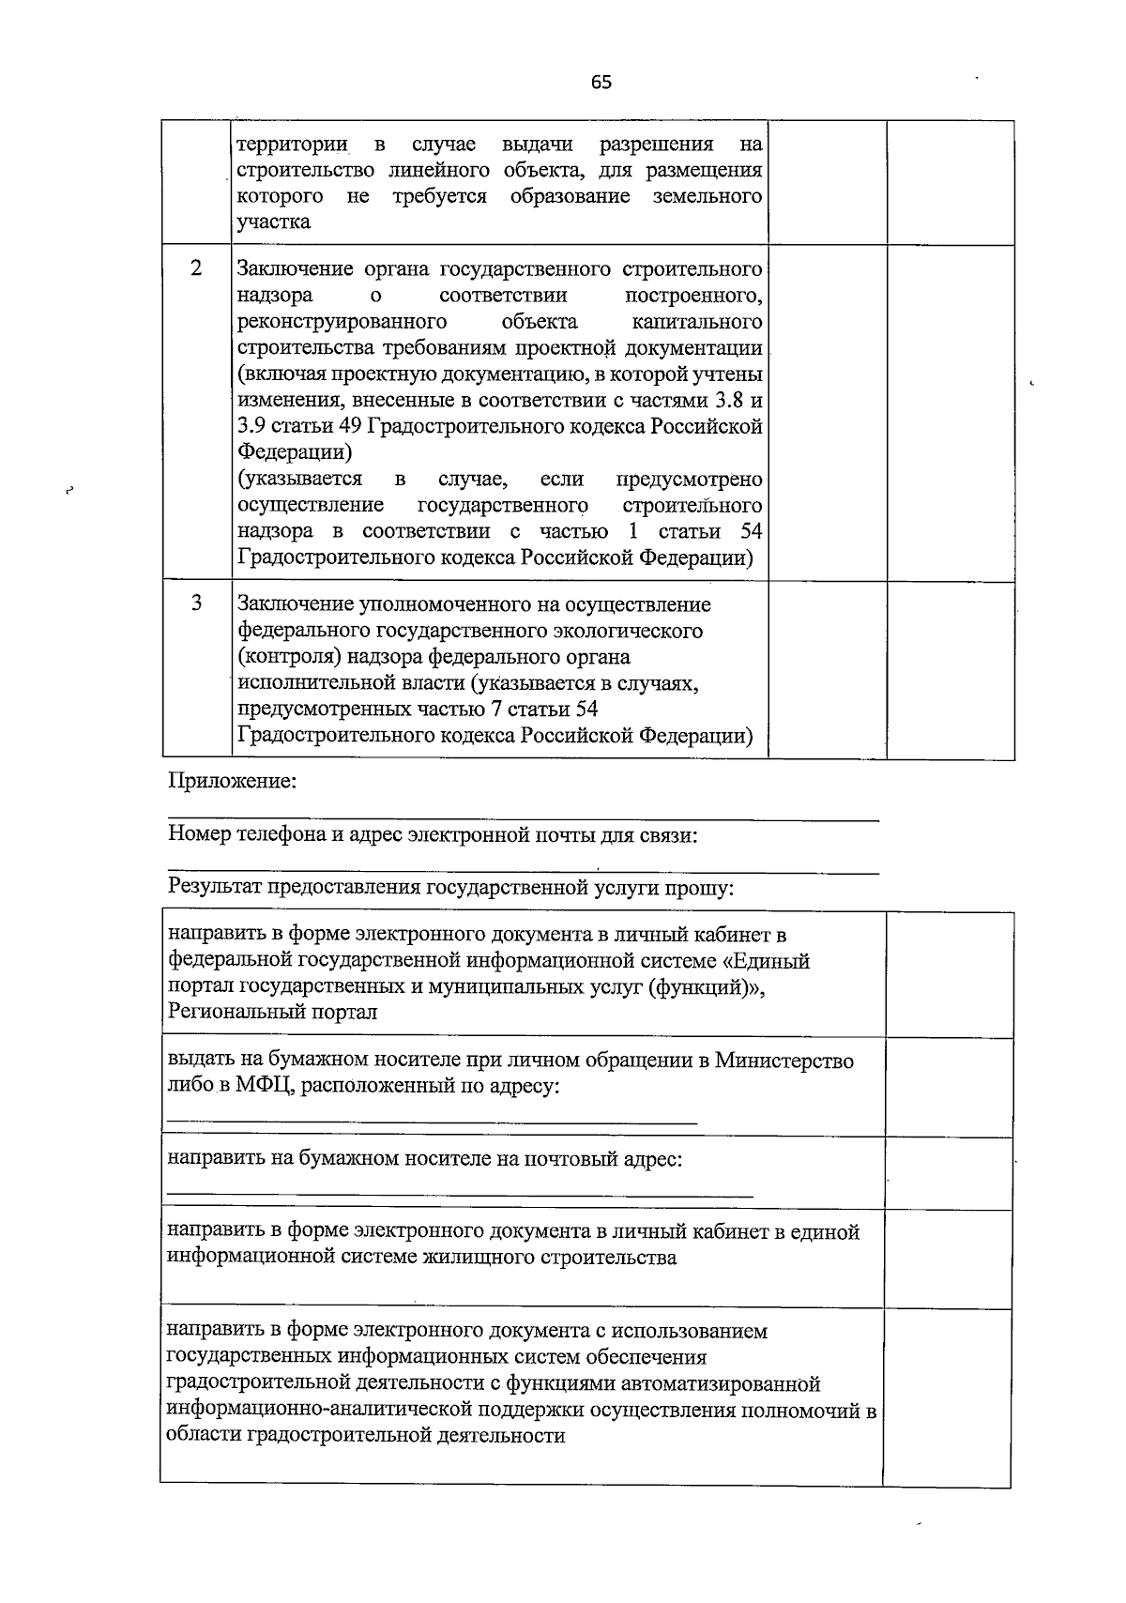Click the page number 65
601,83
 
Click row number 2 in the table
196,268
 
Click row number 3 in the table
196,603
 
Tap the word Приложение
232,782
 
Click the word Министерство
784,1061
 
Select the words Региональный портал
272,1013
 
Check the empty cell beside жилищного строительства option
948,1259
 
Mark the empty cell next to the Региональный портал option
948,974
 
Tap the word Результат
216,888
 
